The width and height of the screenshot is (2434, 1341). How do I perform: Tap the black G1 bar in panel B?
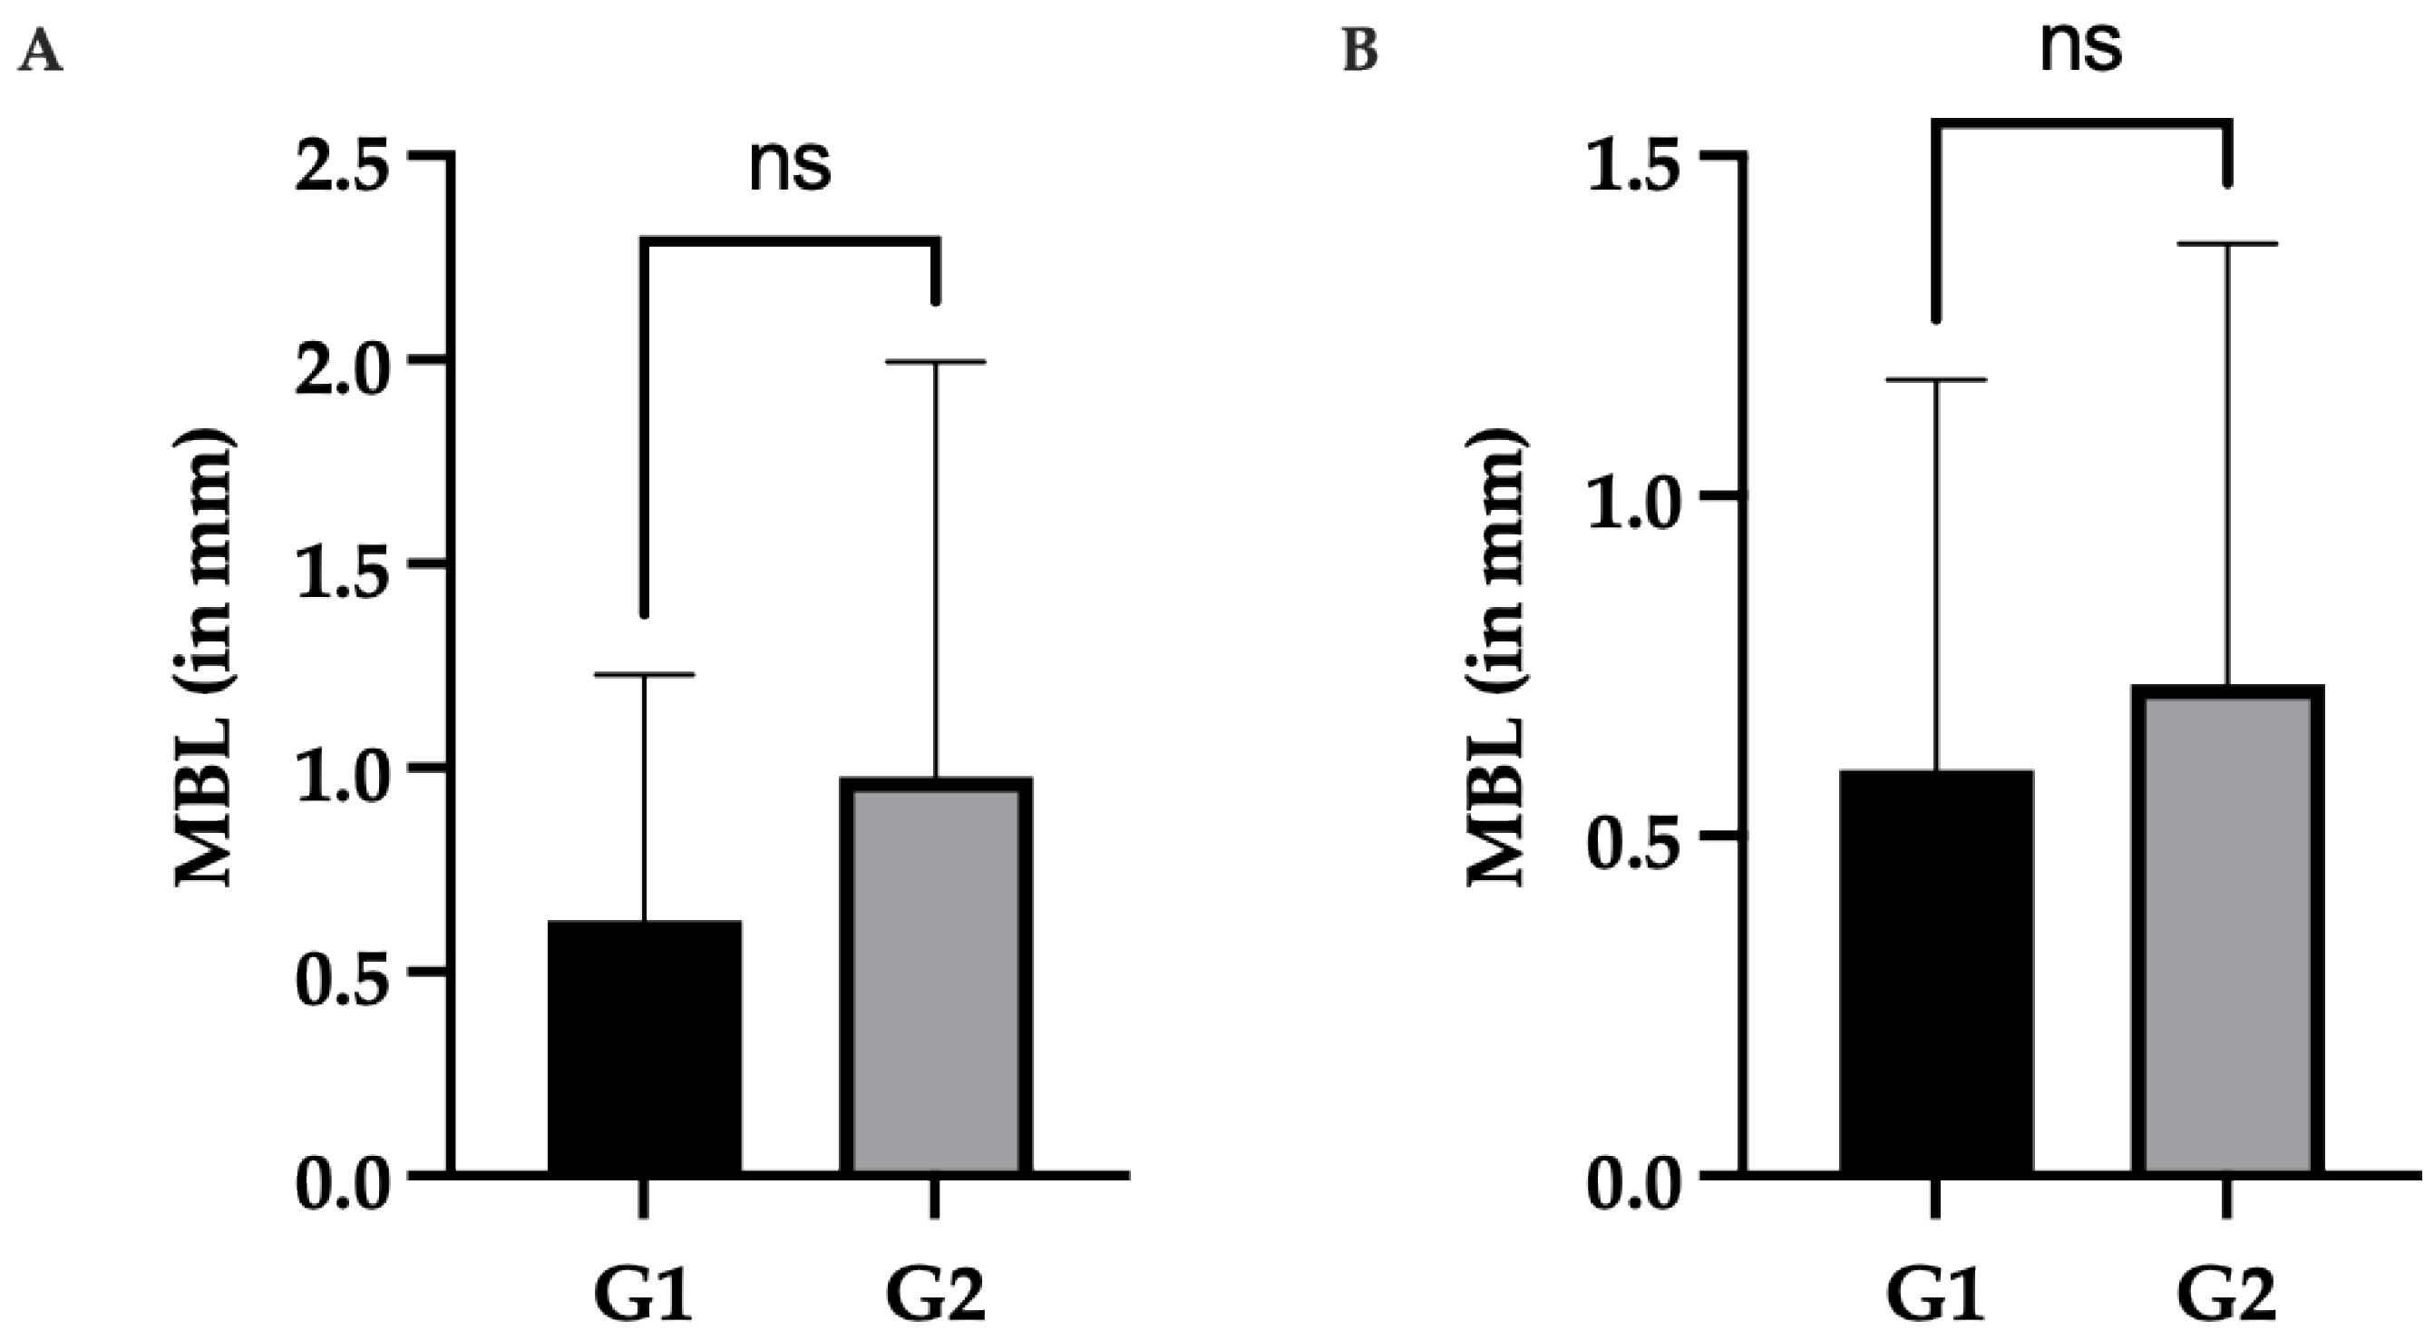point(1936,973)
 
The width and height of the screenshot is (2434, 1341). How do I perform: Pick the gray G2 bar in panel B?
point(2227,931)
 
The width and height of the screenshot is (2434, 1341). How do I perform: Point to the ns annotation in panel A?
point(790,166)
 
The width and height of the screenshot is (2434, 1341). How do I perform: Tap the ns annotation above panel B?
point(2081,47)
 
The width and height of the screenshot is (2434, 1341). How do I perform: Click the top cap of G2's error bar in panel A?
point(936,362)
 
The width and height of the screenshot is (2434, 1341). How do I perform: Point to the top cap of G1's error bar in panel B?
point(1936,380)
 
